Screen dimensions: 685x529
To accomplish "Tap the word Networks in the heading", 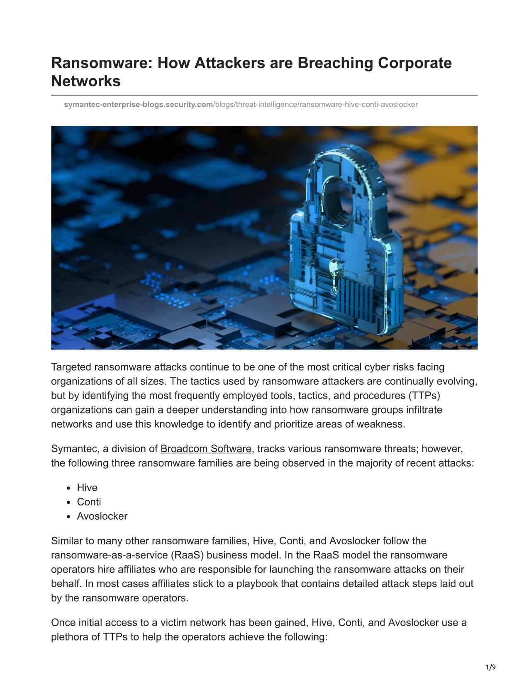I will [x=86, y=81].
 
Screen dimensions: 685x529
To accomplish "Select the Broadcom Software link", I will [x=206, y=449].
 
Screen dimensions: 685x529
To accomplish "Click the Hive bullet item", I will [x=87, y=488].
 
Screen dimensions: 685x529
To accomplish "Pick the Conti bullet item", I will [x=89, y=502].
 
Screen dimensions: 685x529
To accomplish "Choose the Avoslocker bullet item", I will [x=102, y=516].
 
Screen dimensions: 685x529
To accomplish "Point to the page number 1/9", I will [x=490, y=668].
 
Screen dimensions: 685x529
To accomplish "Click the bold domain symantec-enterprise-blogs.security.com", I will [x=138, y=105].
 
